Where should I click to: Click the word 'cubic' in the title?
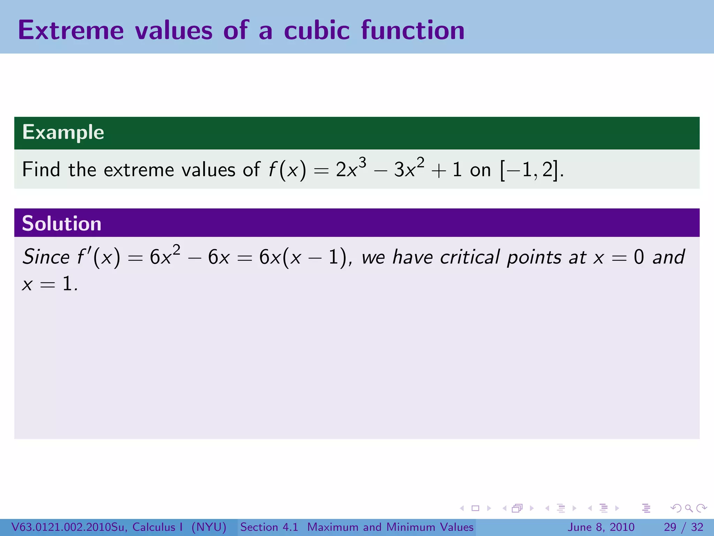[x=317, y=30]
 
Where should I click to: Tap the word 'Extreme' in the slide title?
[x=71, y=30]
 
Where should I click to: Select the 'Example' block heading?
[x=63, y=132]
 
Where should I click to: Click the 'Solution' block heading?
[x=62, y=223]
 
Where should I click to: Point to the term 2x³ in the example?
[x=351, y=169]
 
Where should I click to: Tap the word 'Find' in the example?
[x=41, y=170]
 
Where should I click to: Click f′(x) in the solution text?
[x=99, y=257]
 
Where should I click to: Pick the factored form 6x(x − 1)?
[x=303, y=257]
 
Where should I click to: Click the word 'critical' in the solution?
[x=470, y=257]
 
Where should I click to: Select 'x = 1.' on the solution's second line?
[x=50, y=284]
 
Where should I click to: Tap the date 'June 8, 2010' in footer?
[x=601, y=527]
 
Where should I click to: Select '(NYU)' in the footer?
[x=209, y=527]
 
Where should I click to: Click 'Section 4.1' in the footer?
[x=269, y=527]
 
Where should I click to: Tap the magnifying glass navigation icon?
[x=689, y=508]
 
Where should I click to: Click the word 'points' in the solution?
[x=534, y=257]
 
